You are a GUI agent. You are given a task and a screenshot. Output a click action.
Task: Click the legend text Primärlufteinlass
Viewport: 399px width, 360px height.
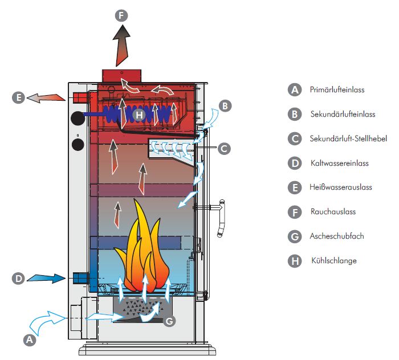point(336,89)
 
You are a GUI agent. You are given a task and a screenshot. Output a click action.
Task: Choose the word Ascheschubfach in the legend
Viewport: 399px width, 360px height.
point(337,236)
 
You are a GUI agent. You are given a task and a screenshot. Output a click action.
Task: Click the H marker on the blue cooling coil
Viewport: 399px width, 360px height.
point(139,114)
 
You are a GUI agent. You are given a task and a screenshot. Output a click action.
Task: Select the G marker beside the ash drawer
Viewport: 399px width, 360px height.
point(169,321)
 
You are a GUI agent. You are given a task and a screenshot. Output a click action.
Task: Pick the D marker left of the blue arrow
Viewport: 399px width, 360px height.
point(19,279)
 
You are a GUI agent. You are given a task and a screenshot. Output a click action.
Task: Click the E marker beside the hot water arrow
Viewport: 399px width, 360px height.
point(19,97)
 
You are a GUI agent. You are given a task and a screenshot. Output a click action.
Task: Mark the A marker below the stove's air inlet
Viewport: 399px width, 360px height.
point(30,339)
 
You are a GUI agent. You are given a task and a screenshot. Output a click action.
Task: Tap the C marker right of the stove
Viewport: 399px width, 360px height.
point(223,148)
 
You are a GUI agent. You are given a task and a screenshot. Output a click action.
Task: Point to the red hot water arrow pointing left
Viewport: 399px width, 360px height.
point(48,97)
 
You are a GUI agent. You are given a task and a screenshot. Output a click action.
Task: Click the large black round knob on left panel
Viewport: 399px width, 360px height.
point(76,118)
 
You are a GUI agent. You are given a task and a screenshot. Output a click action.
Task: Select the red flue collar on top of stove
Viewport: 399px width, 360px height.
point(121,76)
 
